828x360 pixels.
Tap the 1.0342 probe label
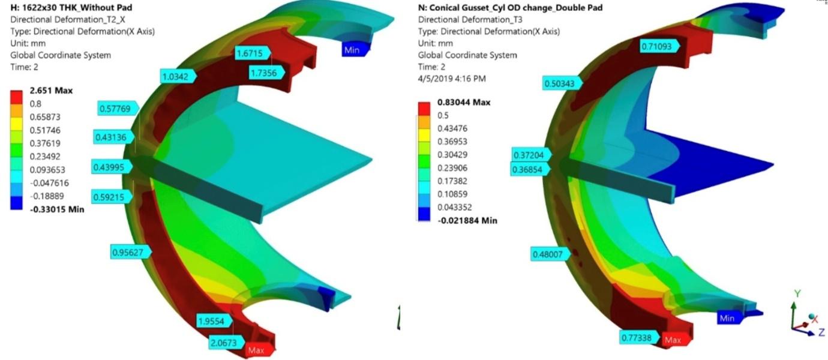(178, 77)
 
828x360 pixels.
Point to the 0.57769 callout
(118, 109)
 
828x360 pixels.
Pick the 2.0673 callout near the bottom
(226, 343)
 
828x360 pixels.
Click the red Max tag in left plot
(259, 350)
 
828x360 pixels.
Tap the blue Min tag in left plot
(355, 50)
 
